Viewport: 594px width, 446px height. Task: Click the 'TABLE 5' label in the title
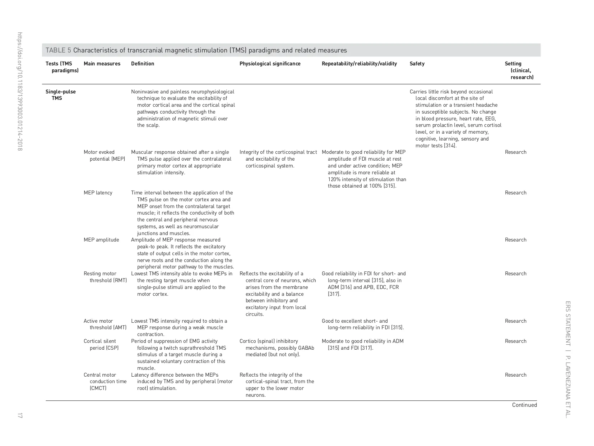pyautogui.click(x=58, y=50)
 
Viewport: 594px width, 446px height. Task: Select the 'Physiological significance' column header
pyautogui.click(x=270, y=64)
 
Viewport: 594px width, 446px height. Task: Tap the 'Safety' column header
pyautogui.click(x=417, y=64)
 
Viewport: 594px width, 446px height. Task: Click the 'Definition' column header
pyautogui.click(x=143, y=64)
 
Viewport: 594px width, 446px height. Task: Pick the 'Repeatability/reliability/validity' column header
pyautogui.click(x=359, y=64)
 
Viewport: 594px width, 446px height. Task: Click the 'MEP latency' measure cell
pyautogui.click(x=98, y=193)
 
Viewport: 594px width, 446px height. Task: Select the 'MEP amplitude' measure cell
pyautogui.click(x=101, y=240)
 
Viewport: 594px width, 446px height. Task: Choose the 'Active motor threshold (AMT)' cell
pyautogui.click(x=105, y=324)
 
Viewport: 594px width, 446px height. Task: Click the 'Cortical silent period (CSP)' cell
pyautogui.click(x=101, y=345)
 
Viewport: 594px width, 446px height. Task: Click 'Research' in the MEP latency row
pyautogui.click(x=515, y=193)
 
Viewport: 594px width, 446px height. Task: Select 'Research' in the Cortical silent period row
pyautogui.click(x=515, y=341)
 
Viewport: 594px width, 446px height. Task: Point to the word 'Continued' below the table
pyautogui.click(x=524, y=405)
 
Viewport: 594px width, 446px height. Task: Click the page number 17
pyautogui.click(x=20, y=416)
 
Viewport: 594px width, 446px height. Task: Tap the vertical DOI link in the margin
pyautogui.click(x=20, y=91)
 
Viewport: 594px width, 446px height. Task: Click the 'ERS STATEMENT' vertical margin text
pyautogui.click(x=568, y=323)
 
